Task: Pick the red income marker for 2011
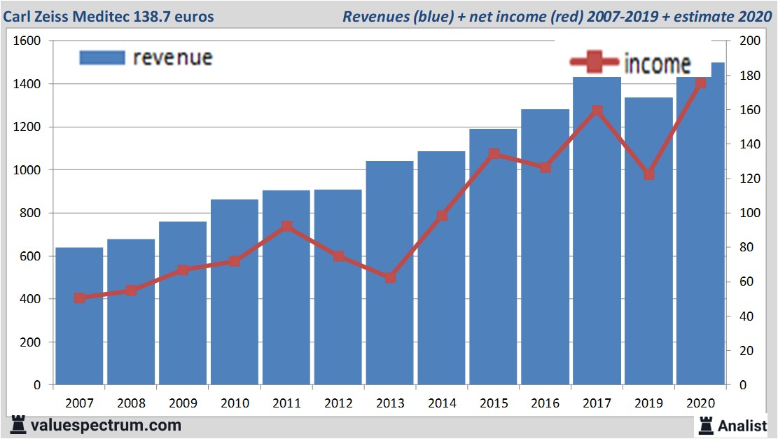(x=286, y=227)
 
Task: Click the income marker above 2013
(x=390, y=277)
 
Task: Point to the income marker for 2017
(x=597, y=111)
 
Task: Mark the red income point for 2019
(x=648, y=174)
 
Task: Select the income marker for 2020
(x=700, y=83)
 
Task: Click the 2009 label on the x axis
(x=183, y=403)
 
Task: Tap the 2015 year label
(x=494, y=403)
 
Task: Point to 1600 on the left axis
(x=27, y=41)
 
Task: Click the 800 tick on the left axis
(x=30, y=213)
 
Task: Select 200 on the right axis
(x=749, y=41)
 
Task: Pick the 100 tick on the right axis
(x=749, y=213)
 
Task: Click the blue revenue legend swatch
(x=102, y=57)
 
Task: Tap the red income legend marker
(x=595, y=63)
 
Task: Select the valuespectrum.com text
(x=106, y=425)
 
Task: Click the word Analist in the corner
(x=742, y=425)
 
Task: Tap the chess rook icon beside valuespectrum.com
(x=19, y=424)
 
